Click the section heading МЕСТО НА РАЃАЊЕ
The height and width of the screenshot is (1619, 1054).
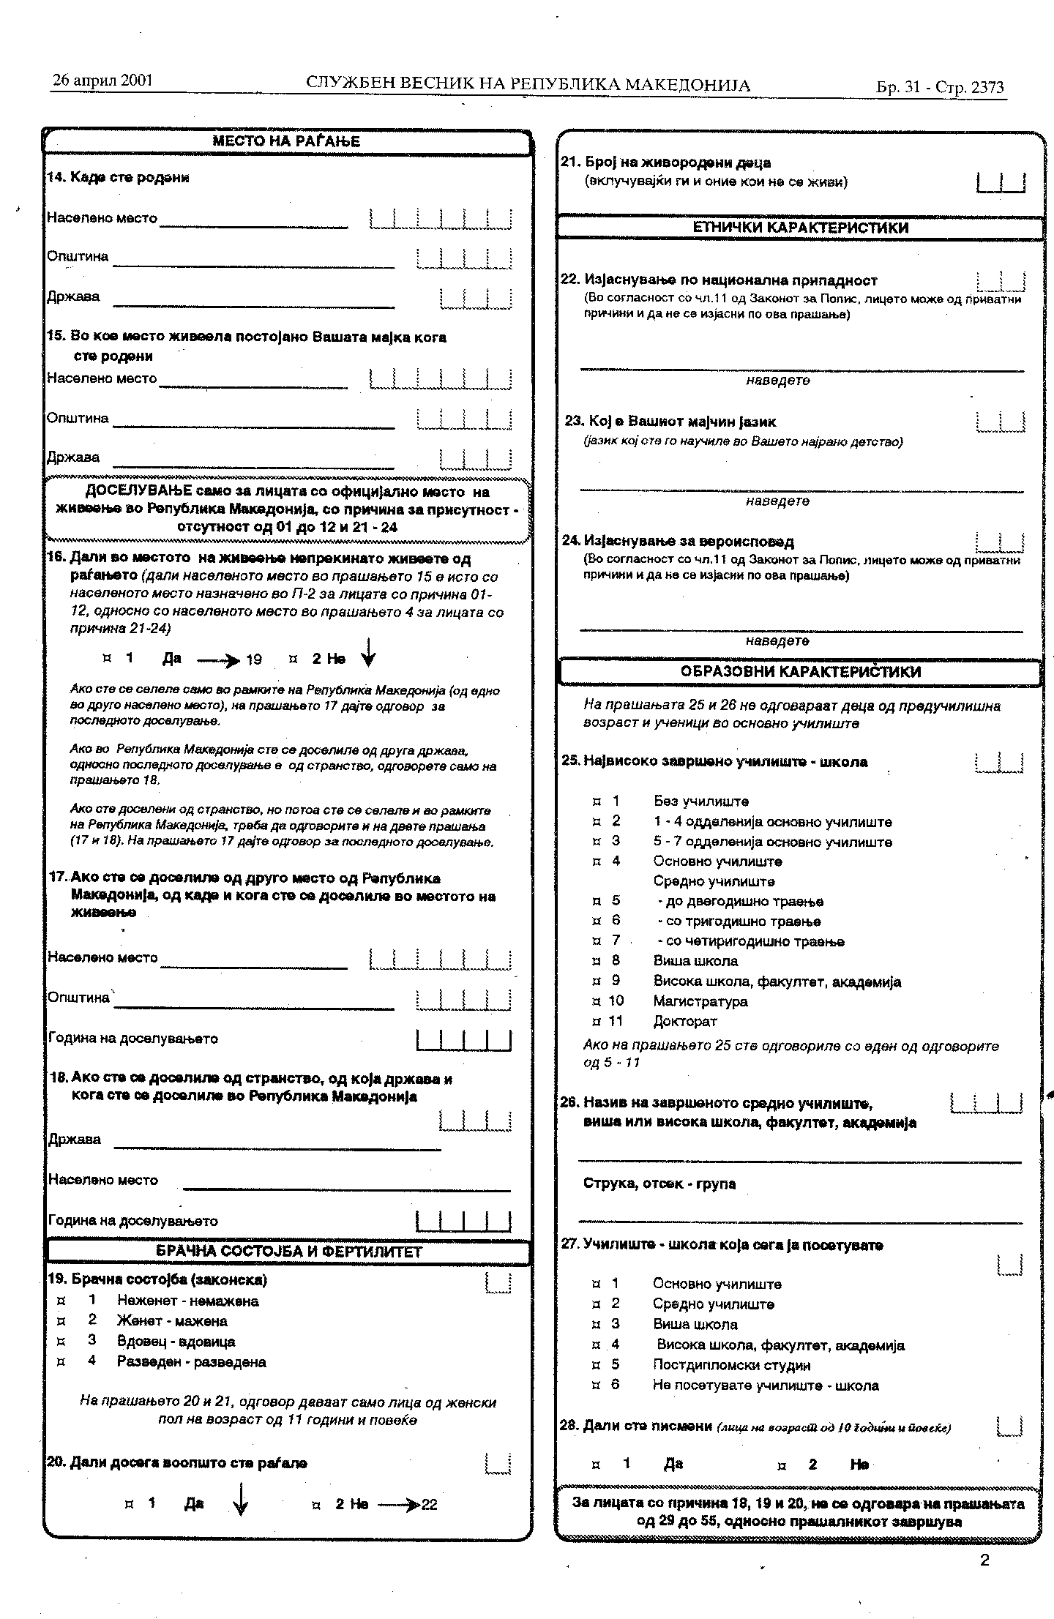(x=286, y=142)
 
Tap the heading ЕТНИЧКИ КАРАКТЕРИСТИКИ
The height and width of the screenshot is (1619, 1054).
(x=800, y=228)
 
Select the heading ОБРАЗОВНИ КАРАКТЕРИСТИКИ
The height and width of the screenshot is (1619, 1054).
(x=800, y=671)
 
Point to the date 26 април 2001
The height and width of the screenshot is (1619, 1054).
(x=102, y=80)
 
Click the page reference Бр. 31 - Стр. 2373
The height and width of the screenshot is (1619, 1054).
(x=940, y=88)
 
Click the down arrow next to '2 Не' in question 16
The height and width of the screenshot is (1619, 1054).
(x=369, y=653)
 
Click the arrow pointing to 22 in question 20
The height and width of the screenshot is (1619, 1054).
(x=399, y=1505)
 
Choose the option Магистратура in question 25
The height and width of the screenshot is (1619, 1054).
(x=700, y=1001)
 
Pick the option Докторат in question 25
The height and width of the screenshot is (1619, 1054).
(x=684, y=1021)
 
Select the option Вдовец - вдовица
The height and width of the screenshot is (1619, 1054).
(x=176, y=1342)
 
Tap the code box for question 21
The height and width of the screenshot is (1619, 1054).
(x=1001, y=182)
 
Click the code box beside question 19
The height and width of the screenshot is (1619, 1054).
(x=498, y=1282)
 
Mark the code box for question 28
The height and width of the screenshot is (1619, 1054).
(x=1010, y=1426)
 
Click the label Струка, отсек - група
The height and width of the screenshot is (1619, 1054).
(x=659, y=1184)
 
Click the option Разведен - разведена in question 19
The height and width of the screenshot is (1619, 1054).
(x=191, y=1362)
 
